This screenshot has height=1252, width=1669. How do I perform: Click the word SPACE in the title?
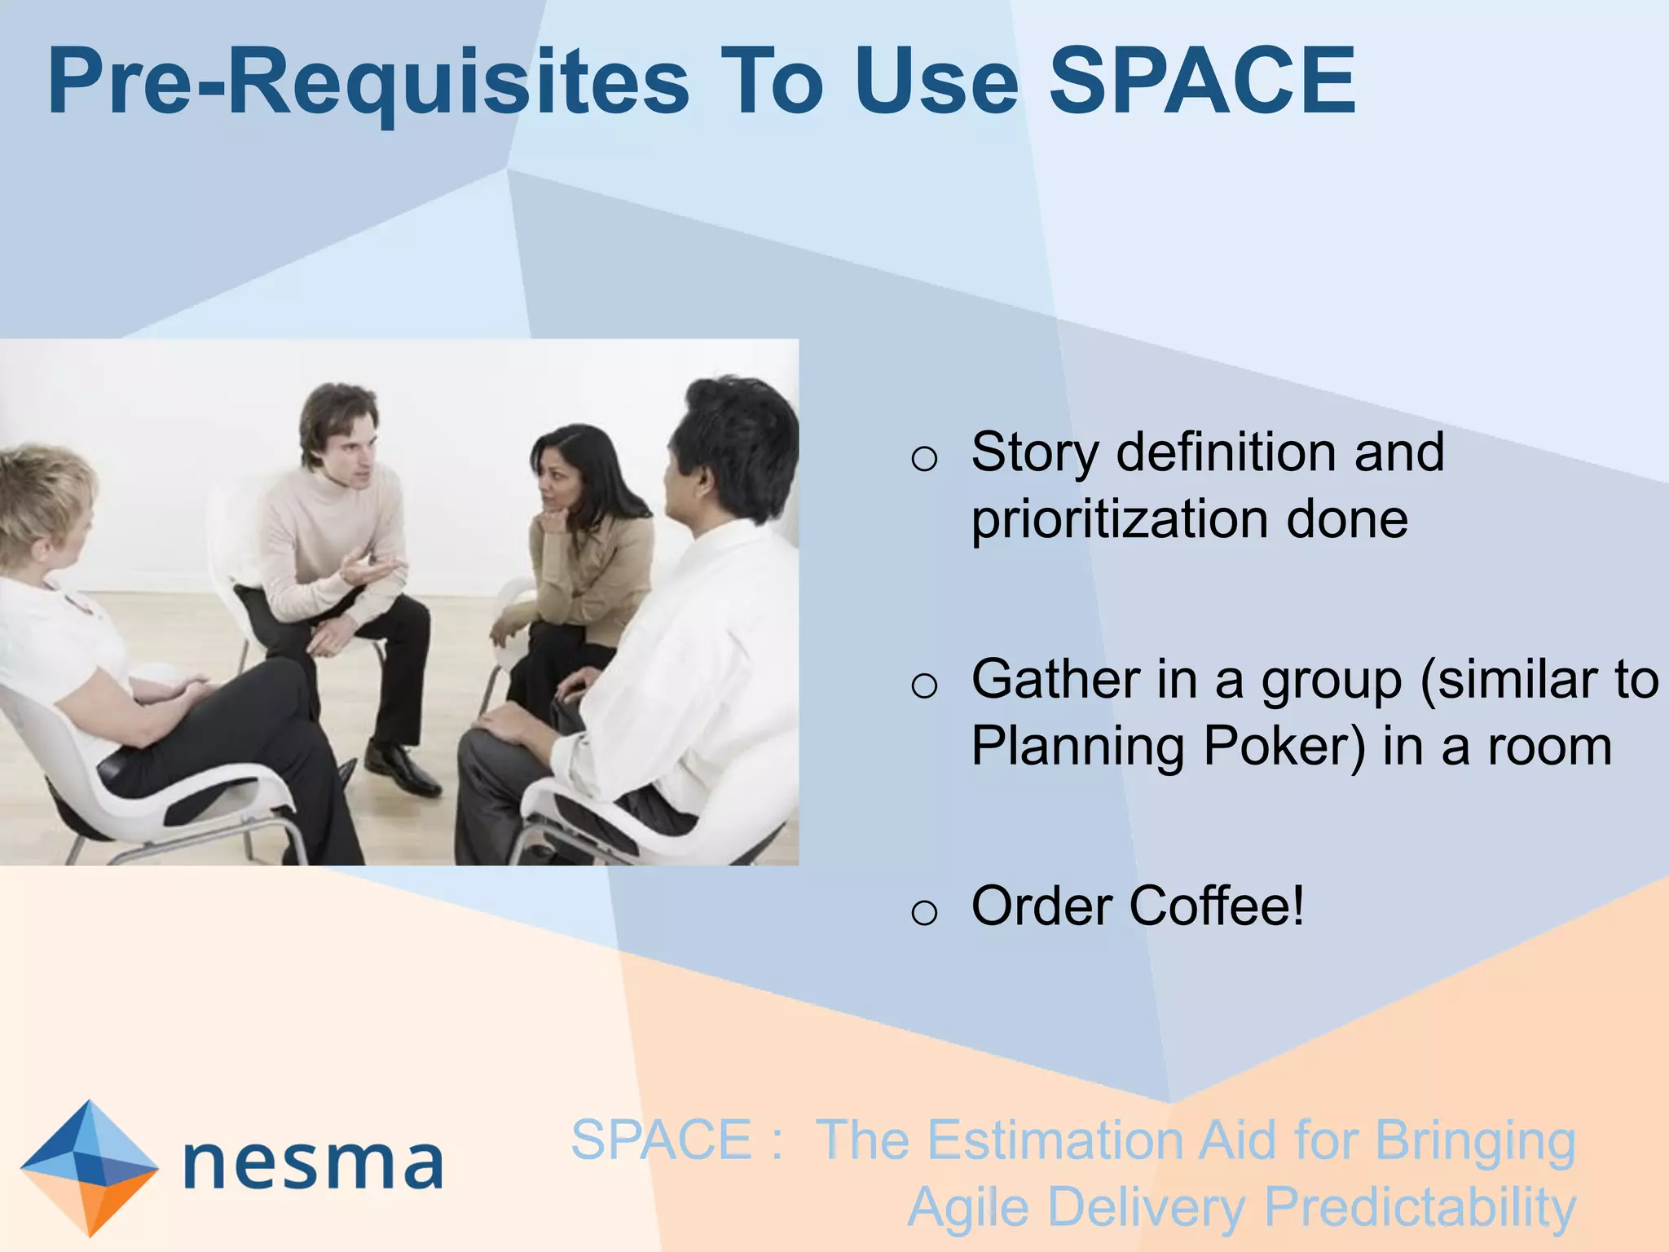[x=1202, y=82]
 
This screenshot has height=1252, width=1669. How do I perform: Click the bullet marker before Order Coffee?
[x=924, y=911]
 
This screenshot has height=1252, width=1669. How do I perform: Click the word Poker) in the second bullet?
[x=1284, y=747]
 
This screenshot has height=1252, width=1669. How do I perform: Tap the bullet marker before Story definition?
[x=924, y=459]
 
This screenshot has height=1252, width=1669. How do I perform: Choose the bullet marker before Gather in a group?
[x=924, y=686]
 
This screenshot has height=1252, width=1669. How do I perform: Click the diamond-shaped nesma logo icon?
[x=89, y=1166]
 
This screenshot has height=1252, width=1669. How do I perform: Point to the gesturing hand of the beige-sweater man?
[x=371, y=566]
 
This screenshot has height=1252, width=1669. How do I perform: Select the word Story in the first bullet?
[x=1034, y=453]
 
